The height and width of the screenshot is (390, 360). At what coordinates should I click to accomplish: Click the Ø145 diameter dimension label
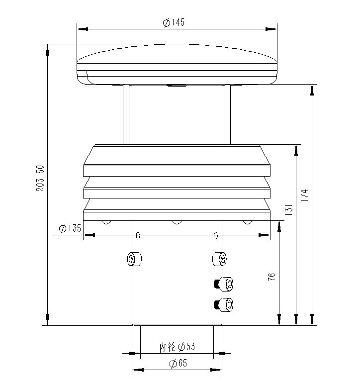174,23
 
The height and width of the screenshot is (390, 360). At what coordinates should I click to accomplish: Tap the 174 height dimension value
305,195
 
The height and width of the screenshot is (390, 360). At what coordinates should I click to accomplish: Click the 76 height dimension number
271,278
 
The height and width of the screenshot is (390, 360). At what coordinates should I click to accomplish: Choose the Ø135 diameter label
69,228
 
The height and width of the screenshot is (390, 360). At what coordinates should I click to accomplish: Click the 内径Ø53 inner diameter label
177,347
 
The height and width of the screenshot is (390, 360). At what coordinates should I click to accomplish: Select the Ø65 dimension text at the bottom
178,364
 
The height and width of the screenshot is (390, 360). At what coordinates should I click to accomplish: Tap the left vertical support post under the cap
126,114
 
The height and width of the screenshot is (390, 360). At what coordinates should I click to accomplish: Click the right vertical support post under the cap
228,114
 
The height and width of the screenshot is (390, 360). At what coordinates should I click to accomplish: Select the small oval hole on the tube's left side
138,235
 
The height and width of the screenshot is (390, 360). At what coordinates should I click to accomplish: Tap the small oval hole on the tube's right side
216,235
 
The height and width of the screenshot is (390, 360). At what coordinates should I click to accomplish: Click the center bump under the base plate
177,222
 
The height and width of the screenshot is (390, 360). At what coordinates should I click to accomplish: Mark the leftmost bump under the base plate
105,222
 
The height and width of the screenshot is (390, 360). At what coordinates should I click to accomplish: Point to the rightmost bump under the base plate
247,222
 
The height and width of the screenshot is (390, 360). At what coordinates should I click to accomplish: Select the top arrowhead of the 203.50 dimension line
48,49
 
